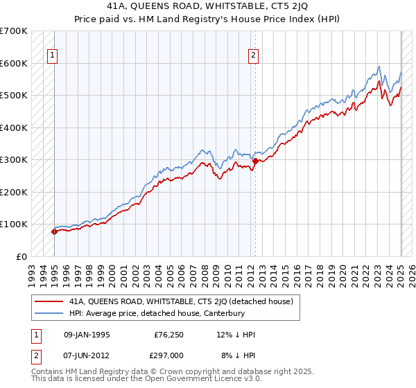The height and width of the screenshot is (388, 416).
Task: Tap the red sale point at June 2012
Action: tap(255, 161)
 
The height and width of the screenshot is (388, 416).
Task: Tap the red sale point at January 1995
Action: tap(54, 232)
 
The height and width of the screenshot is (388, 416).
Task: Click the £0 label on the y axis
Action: tap(21, 256)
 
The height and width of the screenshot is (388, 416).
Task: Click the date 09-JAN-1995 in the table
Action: tap(86, 335)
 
